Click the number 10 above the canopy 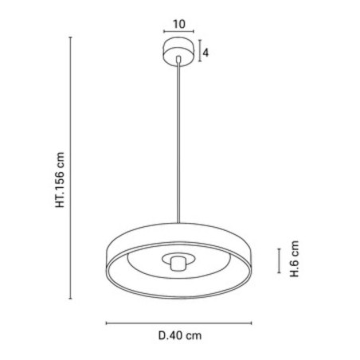click(x=178, y=24)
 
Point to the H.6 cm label click(x=295, y=260)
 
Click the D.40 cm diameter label click(x=179, y=336)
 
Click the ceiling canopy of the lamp click(x=178, y=53)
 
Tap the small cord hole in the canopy click(x=178, y=57)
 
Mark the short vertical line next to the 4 click(x=198, y=53)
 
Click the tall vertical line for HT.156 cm click(x=74, y=170)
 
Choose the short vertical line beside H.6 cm click(x=278, y=260)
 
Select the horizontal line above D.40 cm click(x=179, y=323)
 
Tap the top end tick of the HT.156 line click(x=74, y=41)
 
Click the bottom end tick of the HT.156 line click(x=74, y=299)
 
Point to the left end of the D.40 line click(x=106, y=323)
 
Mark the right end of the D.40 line click(x=252, y=323)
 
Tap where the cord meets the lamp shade click(x=178, y=225)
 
